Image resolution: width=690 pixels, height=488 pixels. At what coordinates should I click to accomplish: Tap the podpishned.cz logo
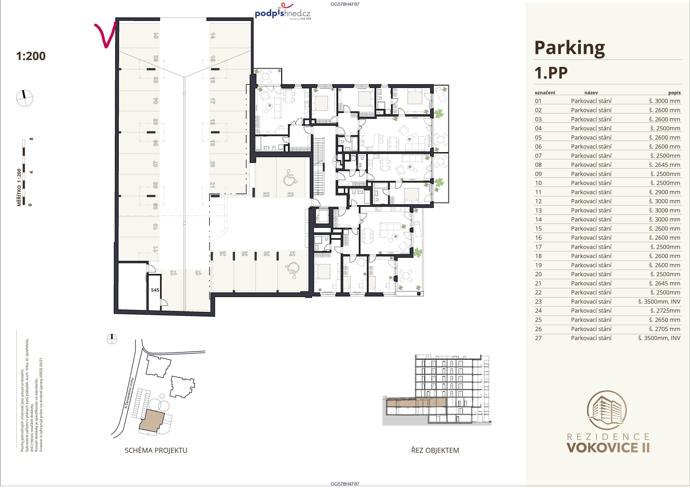coord(283,13)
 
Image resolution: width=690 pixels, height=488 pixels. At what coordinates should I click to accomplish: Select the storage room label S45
coord(155,290)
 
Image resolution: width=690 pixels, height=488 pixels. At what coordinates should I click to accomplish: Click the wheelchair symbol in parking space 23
coord(290,177)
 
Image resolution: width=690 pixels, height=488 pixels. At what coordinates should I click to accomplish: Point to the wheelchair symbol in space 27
coord(291,270)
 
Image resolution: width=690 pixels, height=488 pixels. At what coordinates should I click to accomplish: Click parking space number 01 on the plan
coord(156,36)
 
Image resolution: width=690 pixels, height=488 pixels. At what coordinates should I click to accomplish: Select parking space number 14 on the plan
coord(212,36)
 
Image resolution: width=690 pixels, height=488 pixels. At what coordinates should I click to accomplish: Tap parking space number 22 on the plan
coord(266,194)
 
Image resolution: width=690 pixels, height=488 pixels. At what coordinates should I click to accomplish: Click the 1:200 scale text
coord(31,56)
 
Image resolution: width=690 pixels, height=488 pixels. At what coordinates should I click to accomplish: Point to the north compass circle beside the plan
coord(24,98)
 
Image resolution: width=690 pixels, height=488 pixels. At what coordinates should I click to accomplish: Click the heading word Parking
coord(569,48)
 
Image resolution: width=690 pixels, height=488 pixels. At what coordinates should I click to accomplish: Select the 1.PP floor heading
coord(551,73)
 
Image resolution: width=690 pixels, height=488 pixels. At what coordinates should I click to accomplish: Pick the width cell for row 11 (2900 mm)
coord(664,192)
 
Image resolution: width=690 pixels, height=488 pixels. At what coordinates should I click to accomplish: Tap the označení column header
coord(545,93)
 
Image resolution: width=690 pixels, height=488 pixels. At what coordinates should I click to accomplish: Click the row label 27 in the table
coord(538,338)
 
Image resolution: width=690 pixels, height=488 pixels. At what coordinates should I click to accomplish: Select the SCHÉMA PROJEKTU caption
coord(156,450)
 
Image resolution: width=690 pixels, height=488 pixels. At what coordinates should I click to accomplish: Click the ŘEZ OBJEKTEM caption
coord(435,450)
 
